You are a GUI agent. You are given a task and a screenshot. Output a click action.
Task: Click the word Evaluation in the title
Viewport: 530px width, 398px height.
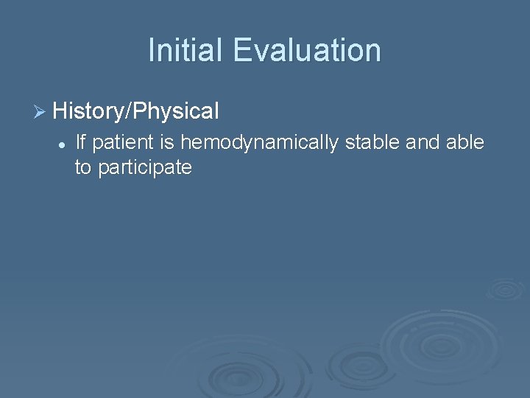point(308,50)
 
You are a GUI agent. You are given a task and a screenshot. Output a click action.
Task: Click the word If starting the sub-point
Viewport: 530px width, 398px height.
point(81,142)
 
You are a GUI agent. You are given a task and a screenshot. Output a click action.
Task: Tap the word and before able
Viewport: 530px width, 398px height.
point(422,142)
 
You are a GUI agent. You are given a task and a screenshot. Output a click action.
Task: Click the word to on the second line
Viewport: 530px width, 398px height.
point(83,168)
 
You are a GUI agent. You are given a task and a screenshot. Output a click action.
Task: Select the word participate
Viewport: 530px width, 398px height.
point(145,168)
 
